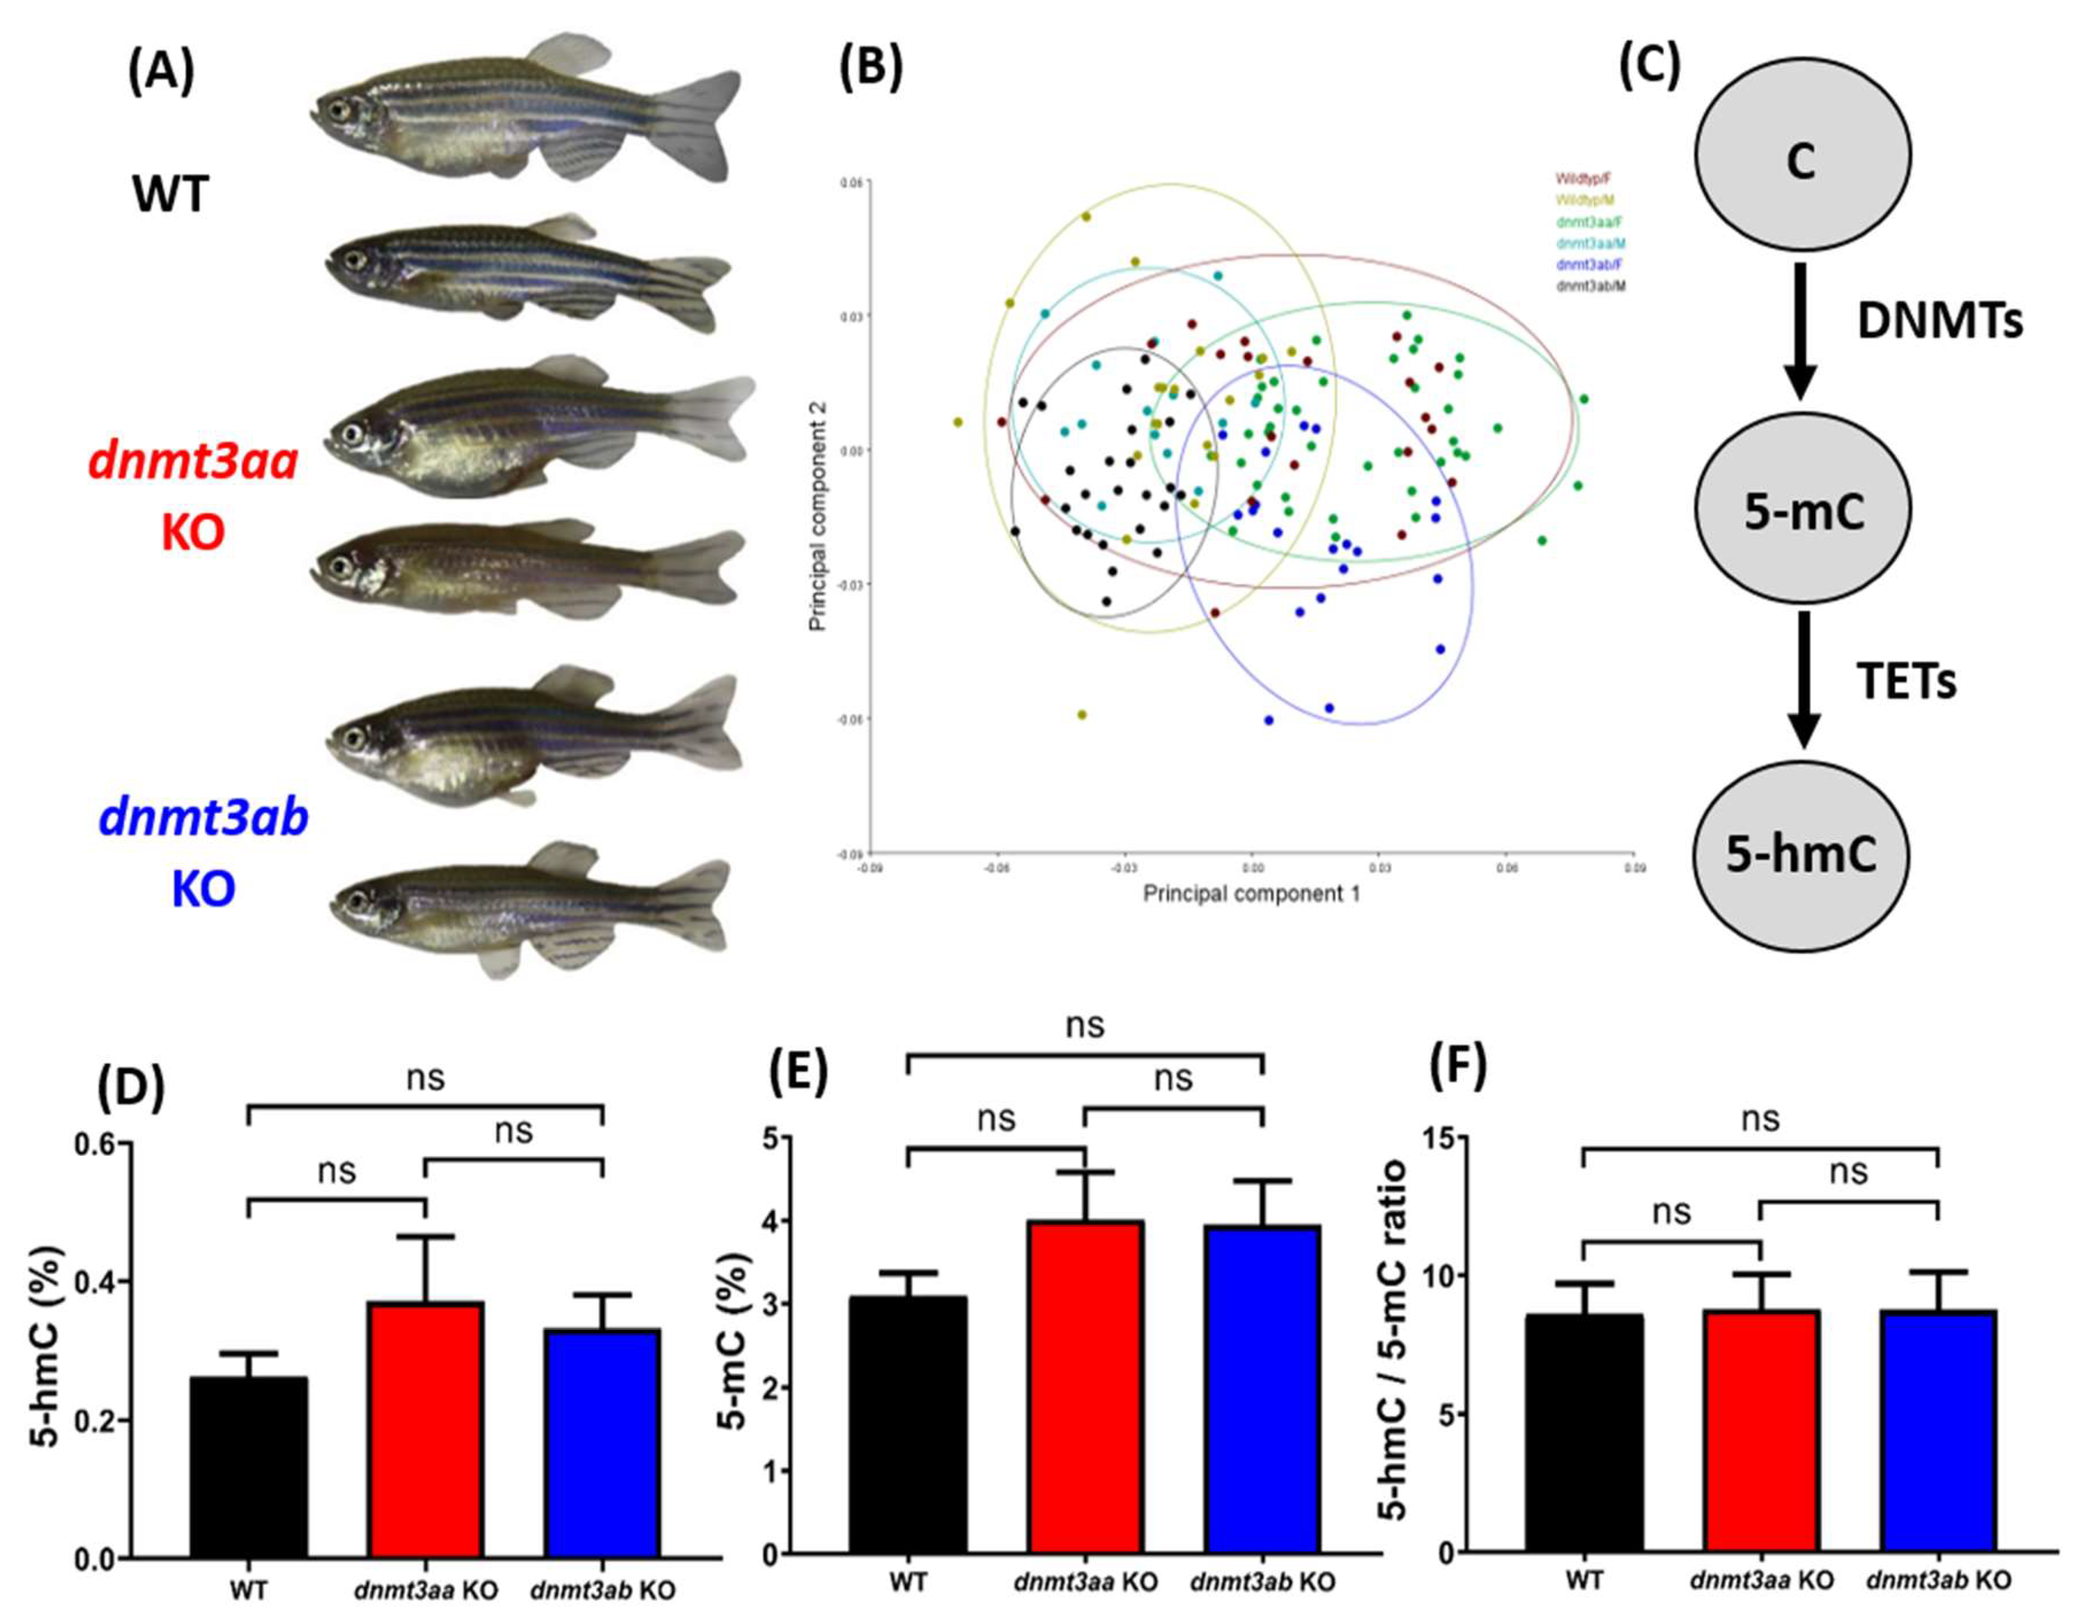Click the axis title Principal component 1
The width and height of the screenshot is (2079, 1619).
(1251, 894)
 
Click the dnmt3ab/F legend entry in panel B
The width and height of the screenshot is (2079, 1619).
(1584, 266)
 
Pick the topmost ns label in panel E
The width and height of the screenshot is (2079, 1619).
(1084, 1025)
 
